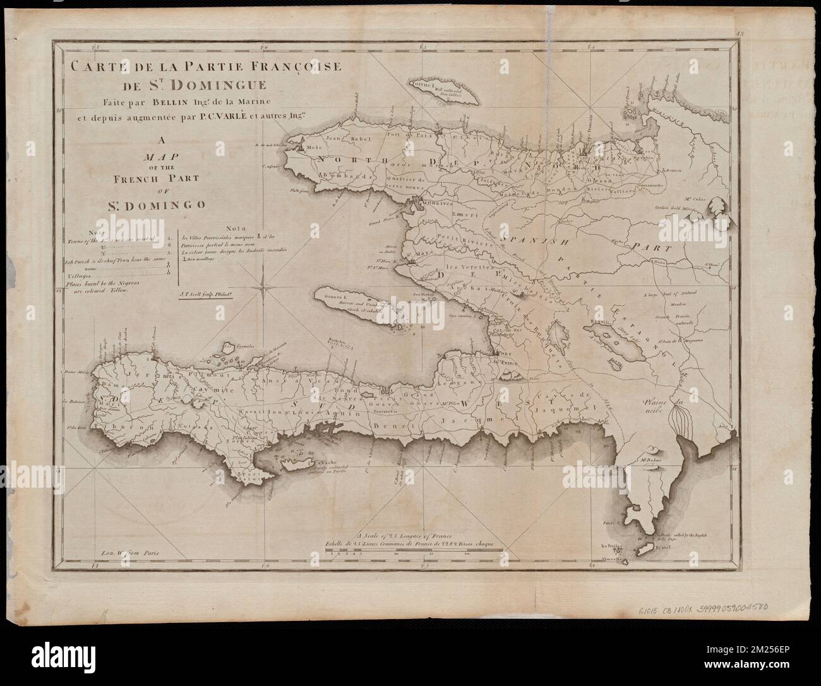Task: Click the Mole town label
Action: pos(314,147)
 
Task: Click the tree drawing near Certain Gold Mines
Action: pos(719,207)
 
